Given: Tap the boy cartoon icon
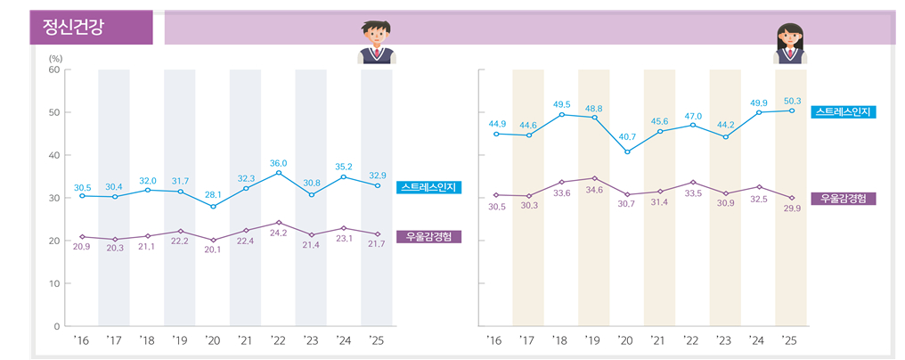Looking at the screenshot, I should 377,43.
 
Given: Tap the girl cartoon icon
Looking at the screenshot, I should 791,44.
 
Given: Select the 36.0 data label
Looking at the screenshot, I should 279,163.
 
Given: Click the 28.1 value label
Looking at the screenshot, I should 213,193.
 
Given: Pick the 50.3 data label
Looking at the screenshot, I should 791,101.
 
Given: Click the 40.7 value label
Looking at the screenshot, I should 627,137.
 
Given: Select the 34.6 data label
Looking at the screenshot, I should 594,191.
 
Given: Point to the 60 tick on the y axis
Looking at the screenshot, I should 53,70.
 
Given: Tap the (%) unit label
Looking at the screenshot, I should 56,58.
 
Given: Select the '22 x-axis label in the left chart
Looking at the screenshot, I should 278,340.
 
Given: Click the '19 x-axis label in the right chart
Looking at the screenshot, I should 592,340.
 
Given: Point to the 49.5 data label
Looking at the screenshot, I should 562,104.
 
